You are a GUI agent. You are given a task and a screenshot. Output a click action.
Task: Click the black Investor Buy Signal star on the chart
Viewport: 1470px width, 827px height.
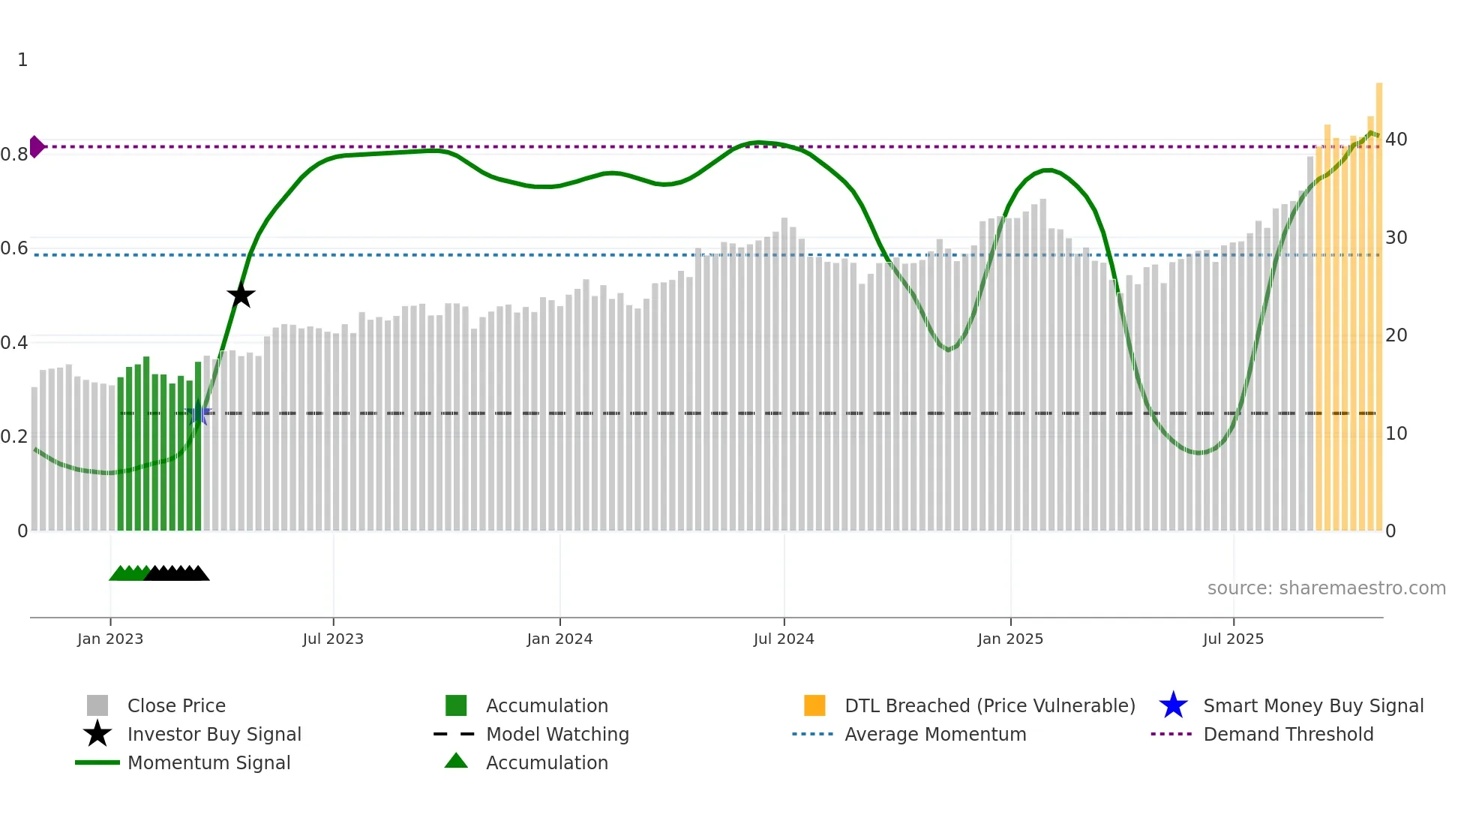[241, 296]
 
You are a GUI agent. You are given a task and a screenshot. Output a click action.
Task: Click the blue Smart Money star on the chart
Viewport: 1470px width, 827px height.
[198, 413]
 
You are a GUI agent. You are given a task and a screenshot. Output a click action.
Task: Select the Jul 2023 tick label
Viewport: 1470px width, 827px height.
[333, 639]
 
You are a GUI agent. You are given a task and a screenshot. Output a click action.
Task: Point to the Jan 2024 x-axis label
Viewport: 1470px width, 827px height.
[559, 639]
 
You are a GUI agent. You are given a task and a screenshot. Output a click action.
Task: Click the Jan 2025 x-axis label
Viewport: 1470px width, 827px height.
[1010, 639]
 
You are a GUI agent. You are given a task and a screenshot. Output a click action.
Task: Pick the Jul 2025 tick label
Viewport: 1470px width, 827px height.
[1233, 639]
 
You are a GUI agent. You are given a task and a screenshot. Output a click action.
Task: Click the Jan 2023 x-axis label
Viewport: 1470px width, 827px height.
[110, 639]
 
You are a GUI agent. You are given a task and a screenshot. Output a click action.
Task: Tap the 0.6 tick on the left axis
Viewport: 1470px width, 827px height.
[14, 248]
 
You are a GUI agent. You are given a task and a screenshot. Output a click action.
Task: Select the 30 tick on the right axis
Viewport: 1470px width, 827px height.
[1396, 238]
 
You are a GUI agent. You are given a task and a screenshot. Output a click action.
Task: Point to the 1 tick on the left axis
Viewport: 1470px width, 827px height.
[22, 60]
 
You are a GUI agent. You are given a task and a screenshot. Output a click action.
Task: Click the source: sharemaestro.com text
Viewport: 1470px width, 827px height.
[1326, 588]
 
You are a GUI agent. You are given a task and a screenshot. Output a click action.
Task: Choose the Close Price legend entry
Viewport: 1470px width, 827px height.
[176, 706]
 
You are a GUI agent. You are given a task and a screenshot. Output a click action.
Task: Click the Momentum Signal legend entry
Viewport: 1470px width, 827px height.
[208, 763]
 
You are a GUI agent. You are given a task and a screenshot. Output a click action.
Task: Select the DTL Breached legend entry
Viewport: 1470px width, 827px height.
[989, 706]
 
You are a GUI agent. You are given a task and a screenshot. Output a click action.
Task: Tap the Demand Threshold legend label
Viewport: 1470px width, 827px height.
[1288, 735]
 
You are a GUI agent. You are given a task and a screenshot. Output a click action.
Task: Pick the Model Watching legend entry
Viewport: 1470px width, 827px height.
[557, 735]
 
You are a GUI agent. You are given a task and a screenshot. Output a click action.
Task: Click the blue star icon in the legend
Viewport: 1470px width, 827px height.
[1173, 706]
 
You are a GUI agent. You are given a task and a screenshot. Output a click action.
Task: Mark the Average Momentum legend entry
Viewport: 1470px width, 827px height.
[935, 735]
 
